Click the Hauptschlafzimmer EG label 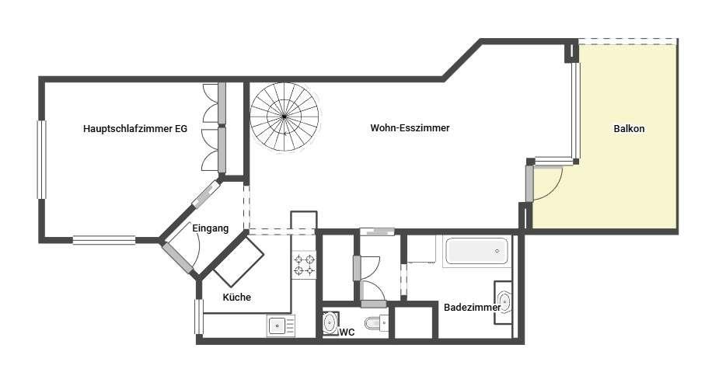[x=135, y=129]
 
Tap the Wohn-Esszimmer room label [x=410, y=128]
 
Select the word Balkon [x=629, y=129]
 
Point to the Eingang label [x=210, y=228]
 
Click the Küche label [x=236, y=298]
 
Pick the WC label [x=347, y=333]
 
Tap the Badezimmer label [x=472, y=308]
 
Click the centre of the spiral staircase [x=284, y=117]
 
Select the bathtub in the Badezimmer [x=477, y=251]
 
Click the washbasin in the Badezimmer [x=504, y=303]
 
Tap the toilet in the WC [x=376, y=324]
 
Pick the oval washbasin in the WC [x=330, y=323]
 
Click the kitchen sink [x=281, y=326]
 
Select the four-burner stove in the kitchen [x=305, y=265]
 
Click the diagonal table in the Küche [x=239, y=262]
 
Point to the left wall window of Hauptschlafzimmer [x=42, y=159]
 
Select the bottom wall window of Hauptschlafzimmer [x=104, y=239]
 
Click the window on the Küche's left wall [x=199, y=317]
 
